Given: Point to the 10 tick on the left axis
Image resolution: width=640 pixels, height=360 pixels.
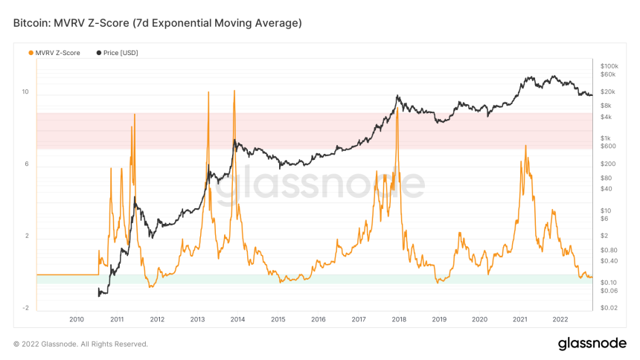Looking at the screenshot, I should click(x=25, y=92).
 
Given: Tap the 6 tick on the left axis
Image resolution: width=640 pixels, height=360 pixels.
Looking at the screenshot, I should click(x=26, y=164).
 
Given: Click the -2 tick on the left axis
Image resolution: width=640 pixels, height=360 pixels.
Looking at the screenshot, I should click(x=25, y=308).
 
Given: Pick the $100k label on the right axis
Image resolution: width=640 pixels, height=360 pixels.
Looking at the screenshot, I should click(x=609, y=66).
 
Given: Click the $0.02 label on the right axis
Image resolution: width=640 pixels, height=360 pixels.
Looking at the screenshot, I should click(x=609, y=307).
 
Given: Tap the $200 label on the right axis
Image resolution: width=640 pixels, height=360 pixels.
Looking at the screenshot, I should click(x=607, y=164).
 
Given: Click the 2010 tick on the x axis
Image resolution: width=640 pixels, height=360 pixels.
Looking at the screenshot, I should click(x=77, y=319).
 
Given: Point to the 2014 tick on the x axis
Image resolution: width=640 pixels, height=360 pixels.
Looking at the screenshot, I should click(x=237, y=319).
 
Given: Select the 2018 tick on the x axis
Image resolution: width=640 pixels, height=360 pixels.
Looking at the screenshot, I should click(x=399, y=319).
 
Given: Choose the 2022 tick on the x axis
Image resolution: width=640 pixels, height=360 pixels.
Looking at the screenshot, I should click(x=560, y=319).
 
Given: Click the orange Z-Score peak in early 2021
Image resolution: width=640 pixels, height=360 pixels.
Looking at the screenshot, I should click(x=525, y=146).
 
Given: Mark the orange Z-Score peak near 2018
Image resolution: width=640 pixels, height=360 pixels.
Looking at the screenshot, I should click(x=397, y=109).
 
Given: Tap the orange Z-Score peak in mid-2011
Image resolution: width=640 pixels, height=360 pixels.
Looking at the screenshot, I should click(x=135, y=115).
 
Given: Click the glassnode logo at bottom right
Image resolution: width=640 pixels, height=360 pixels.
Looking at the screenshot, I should click(x=592, y=344).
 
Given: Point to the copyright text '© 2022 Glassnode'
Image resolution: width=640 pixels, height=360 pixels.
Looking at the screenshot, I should click(x=80, y=344).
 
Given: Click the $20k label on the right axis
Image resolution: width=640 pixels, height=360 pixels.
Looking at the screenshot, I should click(x=607, y=91).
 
